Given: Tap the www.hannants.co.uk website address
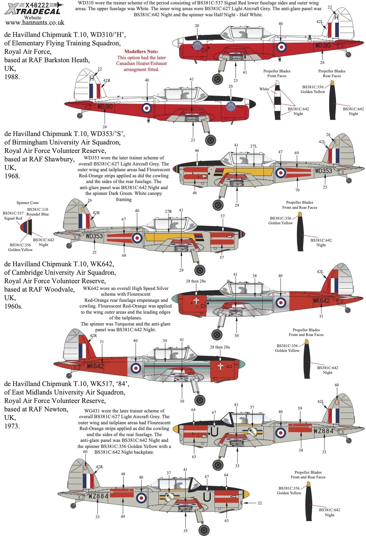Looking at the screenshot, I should (x=35, y=23).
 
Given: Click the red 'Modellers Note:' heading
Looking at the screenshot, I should (x=141, y=51).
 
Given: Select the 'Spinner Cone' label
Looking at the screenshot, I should (x=28, y=203).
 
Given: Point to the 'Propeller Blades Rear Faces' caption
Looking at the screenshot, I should (x=332, y=73).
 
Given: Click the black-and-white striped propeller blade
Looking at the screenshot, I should (x=278, y=100).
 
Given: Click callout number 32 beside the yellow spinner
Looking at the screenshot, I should (x=259, y=503).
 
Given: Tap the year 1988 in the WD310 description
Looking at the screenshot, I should (x=12, y=77).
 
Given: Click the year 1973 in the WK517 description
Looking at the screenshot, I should (x=12, y=426).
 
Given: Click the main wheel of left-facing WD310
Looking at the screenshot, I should (x=217, y=79).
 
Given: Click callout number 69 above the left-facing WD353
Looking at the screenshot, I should (x=296, y=153).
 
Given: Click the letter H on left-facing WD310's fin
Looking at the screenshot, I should (x=336, y=17).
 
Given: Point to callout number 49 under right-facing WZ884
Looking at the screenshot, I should (x=123, y=516).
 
